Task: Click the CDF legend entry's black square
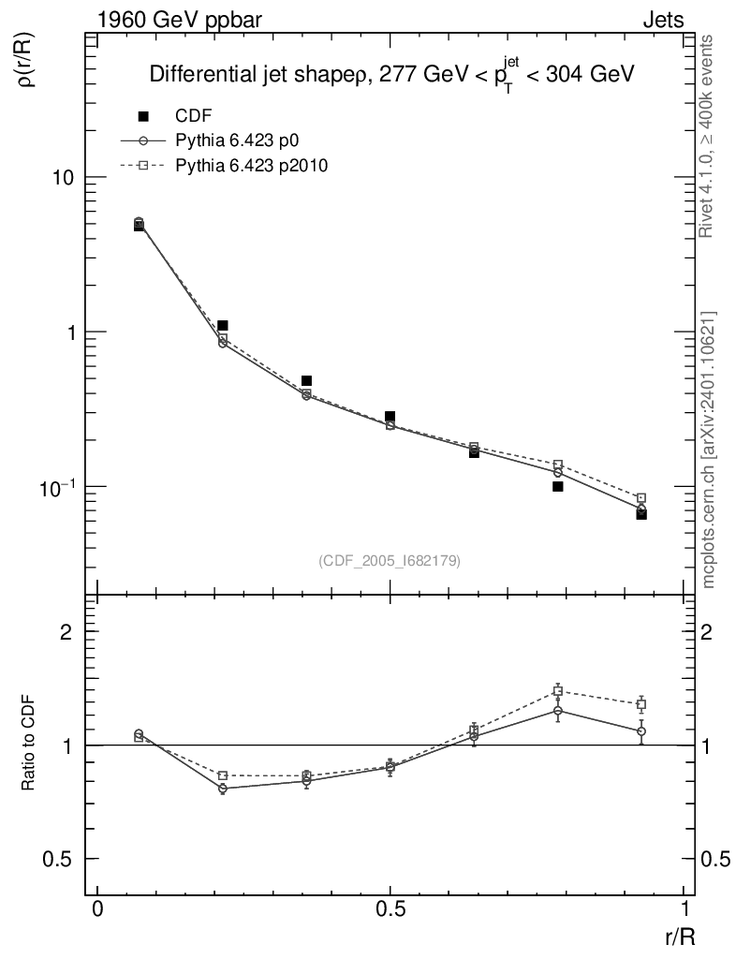[x=143, y=117]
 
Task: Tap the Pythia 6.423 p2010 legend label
[x=251, y=164]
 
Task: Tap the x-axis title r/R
[x=678, y=935]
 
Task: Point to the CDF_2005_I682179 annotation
[x=390, y=560]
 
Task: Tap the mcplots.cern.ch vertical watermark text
[x=709, y=450]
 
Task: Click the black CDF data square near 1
[x=222, y=325]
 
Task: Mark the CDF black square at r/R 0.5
[x=390, y=416]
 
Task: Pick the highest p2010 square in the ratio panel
[x=558, y=691]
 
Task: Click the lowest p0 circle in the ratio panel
[x=223, y=789]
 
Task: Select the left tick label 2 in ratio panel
[x=66, y=632]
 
